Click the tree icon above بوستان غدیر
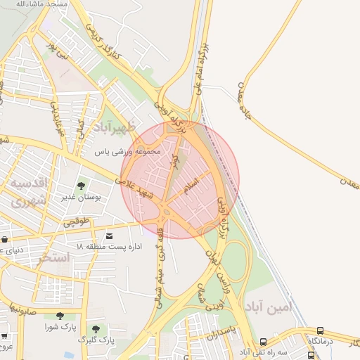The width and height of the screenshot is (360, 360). [81, 186]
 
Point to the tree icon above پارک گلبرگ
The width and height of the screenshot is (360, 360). [96, 328]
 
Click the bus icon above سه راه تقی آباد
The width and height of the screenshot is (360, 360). [263, 341]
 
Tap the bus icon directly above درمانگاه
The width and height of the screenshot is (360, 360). [321, 330]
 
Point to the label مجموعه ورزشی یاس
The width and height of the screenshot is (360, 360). [129, 151]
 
